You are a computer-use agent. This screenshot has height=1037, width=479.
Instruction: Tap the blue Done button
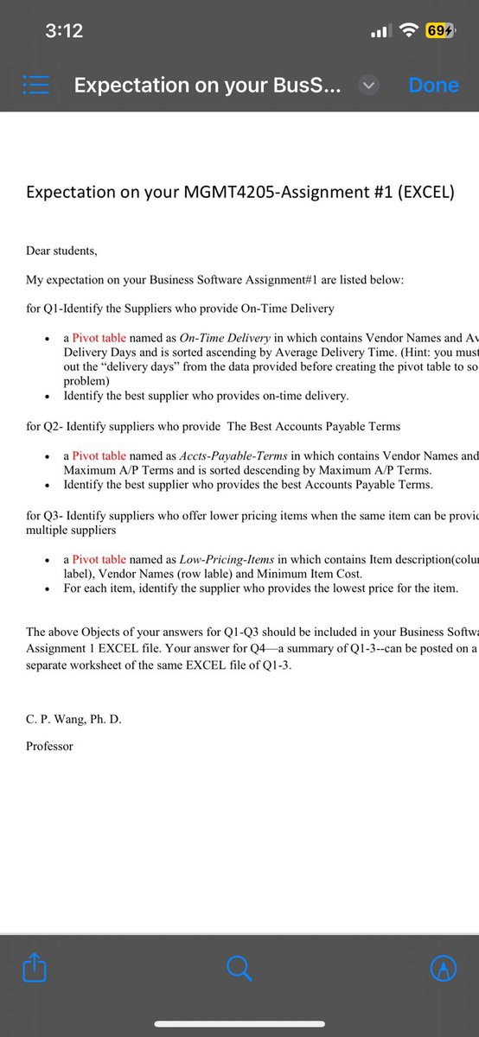click(433, 85)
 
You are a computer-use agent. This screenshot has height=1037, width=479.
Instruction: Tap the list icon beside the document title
click(35, 86)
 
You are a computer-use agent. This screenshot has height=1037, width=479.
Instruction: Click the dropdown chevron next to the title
click(368, 86)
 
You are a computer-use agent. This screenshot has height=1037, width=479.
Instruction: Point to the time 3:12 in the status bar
click(64, 31)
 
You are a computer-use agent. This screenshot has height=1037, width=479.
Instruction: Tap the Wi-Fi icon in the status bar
click(406, 31)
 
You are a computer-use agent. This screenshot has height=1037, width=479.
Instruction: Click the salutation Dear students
click(61, 251)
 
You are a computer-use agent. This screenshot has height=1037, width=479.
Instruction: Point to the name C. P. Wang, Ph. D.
click(73, 718)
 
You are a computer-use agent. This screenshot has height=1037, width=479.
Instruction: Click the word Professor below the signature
click(49, 746)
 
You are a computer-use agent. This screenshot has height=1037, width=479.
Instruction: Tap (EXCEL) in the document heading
click(423, 192)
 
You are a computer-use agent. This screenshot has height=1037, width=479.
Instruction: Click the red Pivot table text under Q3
click(99, 559)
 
